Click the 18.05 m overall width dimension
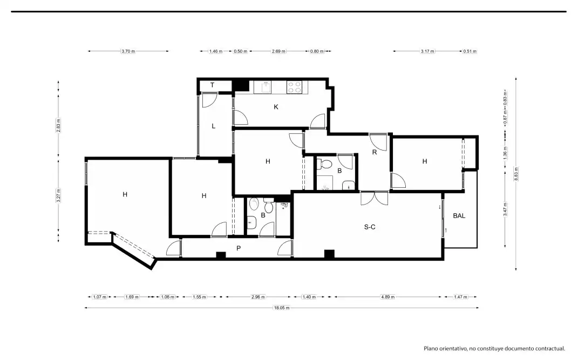click(282, 308)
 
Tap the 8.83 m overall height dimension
click(516, 174)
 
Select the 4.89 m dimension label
click(388, 297)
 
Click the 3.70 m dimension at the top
click(128, 51)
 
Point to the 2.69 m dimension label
click(278, 51)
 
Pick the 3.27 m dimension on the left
click(58, 196)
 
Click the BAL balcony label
click(459, 216)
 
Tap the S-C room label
click(370, 227)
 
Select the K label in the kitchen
click(276, 107)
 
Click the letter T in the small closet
click(212, 85)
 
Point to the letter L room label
click(213, 126)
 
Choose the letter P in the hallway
click(239, 248)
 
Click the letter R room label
click(375, 152)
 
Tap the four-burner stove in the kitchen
click(294, 87)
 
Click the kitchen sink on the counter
click(266, 87)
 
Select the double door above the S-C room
click(375, 198)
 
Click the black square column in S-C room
click(329, 254)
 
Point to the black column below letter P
click(221, 255)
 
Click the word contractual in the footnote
click(548, 348)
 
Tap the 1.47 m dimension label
click(460, 297)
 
